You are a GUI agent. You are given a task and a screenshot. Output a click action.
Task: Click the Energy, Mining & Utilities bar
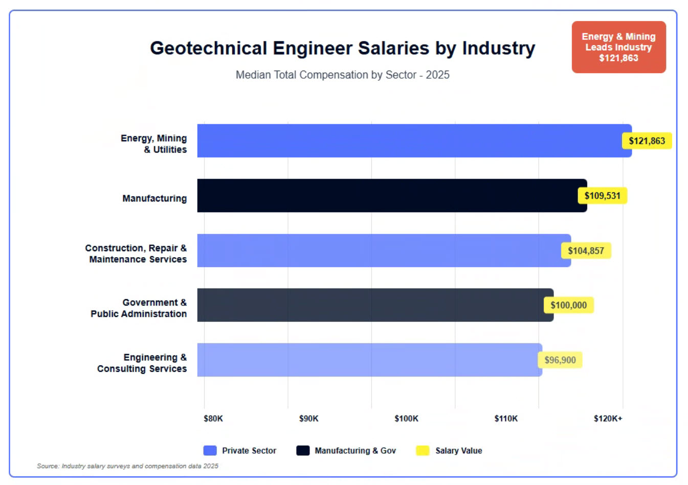click(409, 141)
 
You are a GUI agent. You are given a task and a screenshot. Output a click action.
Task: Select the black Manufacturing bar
click(389, 195)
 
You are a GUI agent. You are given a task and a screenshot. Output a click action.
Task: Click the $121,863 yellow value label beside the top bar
click(647, 141)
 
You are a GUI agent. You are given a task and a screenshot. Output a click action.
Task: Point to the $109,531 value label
click(602, 196)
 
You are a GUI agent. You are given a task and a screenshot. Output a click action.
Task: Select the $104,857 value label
click(586, 251)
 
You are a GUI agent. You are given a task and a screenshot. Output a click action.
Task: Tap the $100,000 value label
click(568, 305)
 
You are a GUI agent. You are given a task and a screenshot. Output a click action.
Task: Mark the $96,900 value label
click(560, 360)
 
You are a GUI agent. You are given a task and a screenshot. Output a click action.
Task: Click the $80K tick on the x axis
click(213, 418)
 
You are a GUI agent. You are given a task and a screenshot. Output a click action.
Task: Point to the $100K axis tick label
click(406, 418)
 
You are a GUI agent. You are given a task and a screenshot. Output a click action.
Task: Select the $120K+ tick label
click(608, 418)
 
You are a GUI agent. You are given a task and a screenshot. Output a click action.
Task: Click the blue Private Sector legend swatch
click(210, 450)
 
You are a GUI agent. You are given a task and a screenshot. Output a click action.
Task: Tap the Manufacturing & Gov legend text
click(355, 451)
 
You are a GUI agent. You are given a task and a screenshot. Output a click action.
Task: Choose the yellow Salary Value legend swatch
click(423, 450)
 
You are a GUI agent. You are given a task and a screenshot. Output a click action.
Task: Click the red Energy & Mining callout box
click(618, 47)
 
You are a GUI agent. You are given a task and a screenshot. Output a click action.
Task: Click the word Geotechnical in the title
click(208, 48)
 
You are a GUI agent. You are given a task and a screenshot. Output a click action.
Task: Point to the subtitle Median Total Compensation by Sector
click(342, 75)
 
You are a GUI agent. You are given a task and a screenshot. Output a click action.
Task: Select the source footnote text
click(127, 466)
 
